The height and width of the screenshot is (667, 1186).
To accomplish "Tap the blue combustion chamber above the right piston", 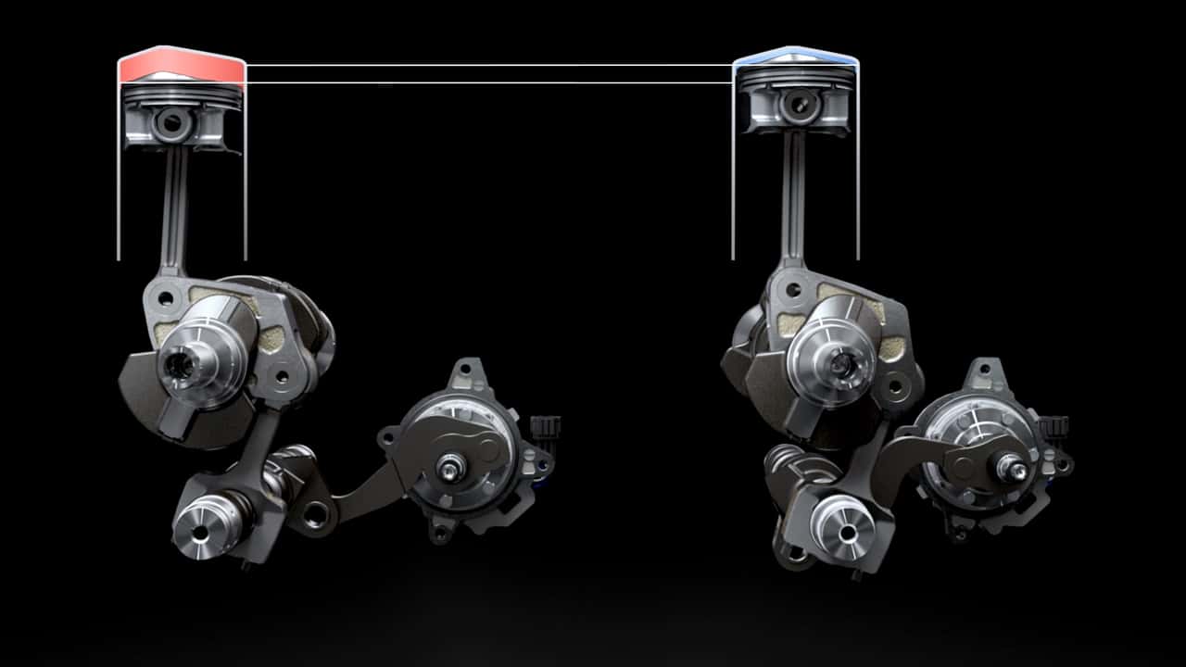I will [x=795, y=57].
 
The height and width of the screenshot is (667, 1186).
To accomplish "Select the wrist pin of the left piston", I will [x=170, y=123].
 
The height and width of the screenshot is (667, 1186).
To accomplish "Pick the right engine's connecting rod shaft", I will [x=792, y=199].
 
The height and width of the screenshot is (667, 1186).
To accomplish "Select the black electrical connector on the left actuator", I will [x=546, y=428].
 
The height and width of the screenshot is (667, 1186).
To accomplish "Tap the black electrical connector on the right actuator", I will [x=1054, y=428].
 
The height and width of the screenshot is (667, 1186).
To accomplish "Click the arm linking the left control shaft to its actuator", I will [x=361, y=491].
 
